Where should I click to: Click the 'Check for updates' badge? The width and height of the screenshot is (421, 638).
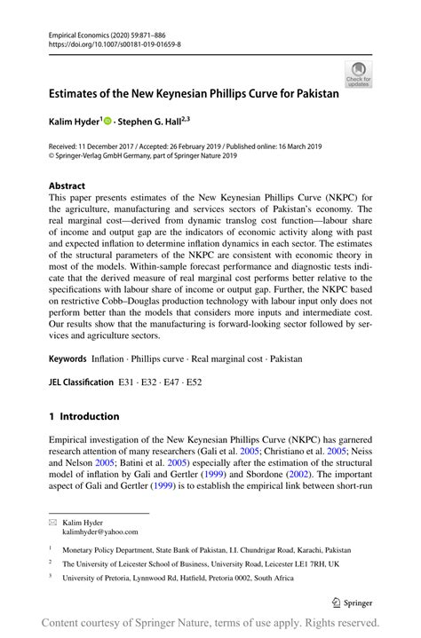tap(358, 75)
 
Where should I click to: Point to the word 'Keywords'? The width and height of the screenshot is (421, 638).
tap(68, 358)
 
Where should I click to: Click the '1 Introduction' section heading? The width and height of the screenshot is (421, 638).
tap(83, 416)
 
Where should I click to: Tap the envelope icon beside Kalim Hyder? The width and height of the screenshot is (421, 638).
tap(52, 524)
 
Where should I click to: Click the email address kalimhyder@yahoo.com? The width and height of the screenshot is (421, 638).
tap(100, 532)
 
